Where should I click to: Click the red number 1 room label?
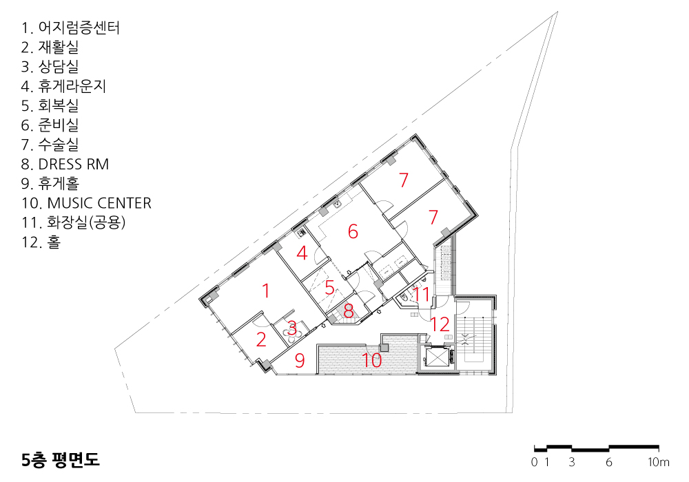[265, 291]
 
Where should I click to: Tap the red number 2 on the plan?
[261, 339]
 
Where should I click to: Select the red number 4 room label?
[302, 253]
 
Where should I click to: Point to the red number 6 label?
[353, 231]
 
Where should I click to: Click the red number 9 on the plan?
[300, 360]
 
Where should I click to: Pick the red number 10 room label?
[372, 360]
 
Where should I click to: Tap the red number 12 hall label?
[440, 324]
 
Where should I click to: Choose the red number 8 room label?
[349, 311]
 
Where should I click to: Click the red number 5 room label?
[329, 288]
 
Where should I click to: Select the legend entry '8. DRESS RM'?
[65, 164]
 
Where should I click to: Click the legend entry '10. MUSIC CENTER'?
[86, 203]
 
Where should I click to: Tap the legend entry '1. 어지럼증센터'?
[70, 28]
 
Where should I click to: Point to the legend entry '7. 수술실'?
[50, 145]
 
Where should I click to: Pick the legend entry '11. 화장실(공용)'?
[74, 222]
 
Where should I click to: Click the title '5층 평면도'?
[61, 459]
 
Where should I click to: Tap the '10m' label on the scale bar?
[659, 462]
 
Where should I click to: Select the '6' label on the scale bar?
[608, 462]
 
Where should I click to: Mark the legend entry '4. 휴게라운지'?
[63, 86]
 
